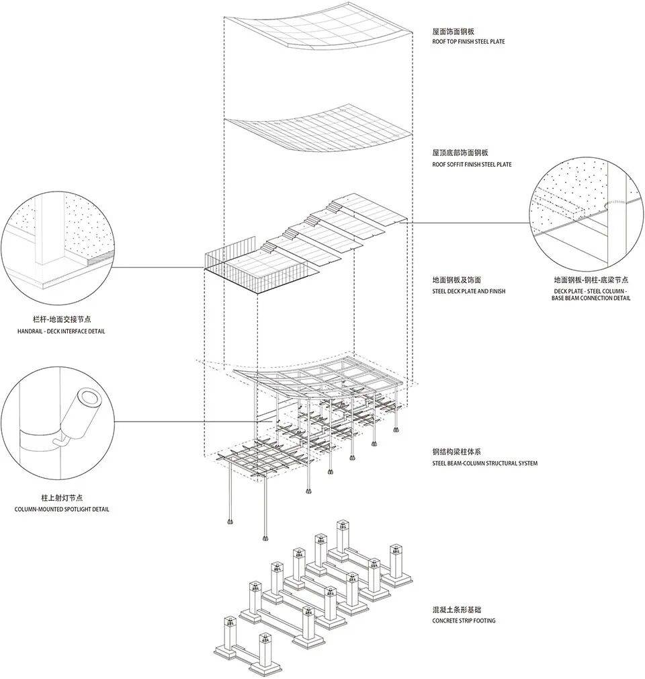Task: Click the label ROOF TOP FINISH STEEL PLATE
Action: [468, 42]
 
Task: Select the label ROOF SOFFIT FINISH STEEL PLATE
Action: [472, 165]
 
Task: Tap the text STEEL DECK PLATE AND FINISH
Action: [469, 291]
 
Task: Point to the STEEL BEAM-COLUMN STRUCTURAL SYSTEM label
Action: [485, 463]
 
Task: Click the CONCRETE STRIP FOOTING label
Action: [464, 621]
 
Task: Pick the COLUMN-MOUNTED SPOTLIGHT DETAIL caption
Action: [62, 510]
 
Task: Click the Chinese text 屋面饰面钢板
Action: [454, 32]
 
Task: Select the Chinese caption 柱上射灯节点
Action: [62, 499]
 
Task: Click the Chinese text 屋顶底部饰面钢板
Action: [460, 154]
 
